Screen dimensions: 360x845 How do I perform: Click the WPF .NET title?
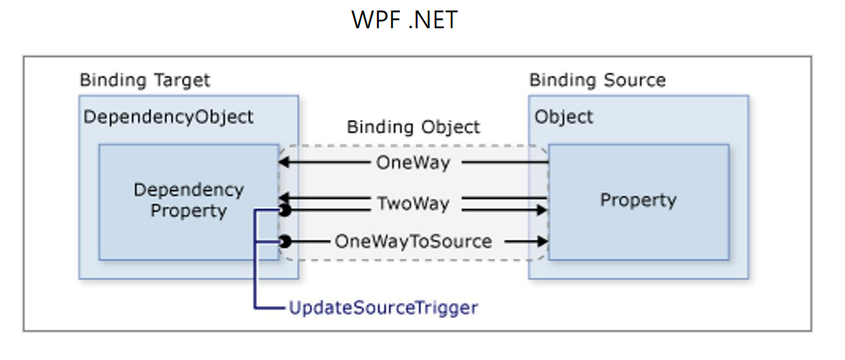pyautogui.click(x=404, y=20)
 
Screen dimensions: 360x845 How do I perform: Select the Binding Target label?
pyautogui.click(x=145, y=81)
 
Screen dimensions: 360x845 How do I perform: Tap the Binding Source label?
pyautogui.click(x=597, y=81)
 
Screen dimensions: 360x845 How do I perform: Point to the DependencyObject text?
pyautogui.click(x=168, y=118)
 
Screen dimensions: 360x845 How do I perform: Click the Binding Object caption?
pyautogui.click(x=414, y=127)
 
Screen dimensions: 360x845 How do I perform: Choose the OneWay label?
pyautogui.click(x=413, y=163)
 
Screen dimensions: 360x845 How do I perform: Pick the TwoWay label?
pyautogui.click(x=413, y=204)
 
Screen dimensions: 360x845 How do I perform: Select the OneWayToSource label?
pyautogui.click(x=413, y=241)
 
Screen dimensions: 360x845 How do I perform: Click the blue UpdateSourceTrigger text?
pyautogui.click(x=383, y=307)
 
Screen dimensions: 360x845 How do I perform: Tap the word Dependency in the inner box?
pyautogui.click(x=188, y=190)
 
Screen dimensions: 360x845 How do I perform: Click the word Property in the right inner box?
pyautogui.click(x=638, y=200)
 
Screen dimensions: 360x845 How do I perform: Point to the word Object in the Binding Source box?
pyautogui.click(x=564, y=118)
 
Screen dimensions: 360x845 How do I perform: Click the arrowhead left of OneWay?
pyautogui.click(x=283, y=163)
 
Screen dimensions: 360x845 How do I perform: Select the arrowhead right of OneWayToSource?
pyautogui.click(x=542, y=241)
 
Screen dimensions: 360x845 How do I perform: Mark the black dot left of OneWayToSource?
pyautogui.click(x=284, y=242)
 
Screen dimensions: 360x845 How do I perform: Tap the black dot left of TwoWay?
pyautogui.click(x=284, y=210)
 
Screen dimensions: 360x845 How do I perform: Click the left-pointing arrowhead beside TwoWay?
pyautogui.click(x=283, y=198)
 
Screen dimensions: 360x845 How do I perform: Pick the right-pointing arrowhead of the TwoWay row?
pyautogui.click(x=542, y=210)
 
